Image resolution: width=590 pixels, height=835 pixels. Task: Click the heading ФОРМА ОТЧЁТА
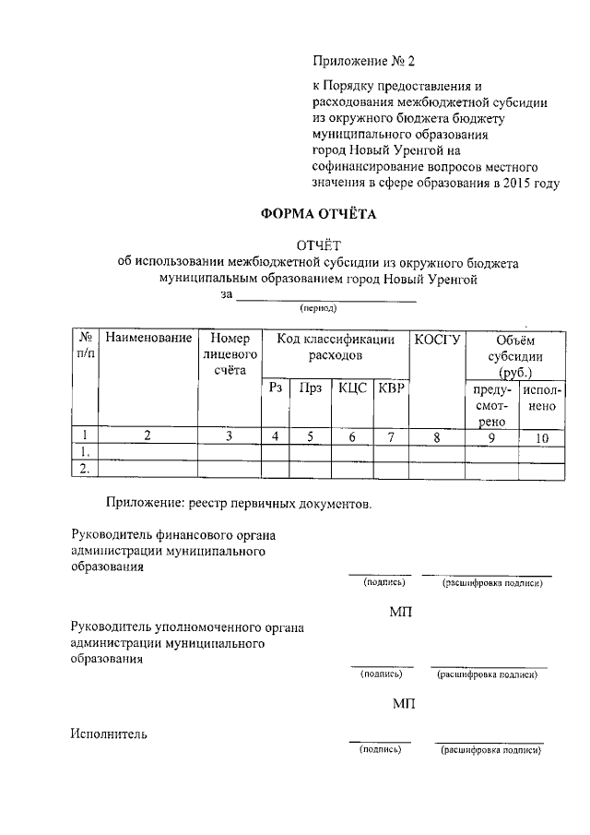[x=318, y=215]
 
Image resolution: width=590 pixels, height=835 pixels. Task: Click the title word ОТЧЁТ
[x=318, y=245]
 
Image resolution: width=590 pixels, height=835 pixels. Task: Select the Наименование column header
[x=148, y=339]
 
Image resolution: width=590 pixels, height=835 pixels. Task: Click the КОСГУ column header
[x=437, y=339]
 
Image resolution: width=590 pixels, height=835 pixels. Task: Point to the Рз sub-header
[x=275, y=388]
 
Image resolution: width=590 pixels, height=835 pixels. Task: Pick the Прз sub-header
[x=310, y=388]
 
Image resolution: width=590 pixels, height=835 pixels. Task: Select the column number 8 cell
[x=437, y=437]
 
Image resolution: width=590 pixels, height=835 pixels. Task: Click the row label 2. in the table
[x=84, y=469]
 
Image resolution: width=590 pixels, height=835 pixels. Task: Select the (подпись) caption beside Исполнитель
[x=380, y=751]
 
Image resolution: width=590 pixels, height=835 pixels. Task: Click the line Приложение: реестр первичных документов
[x=239, y=505]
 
